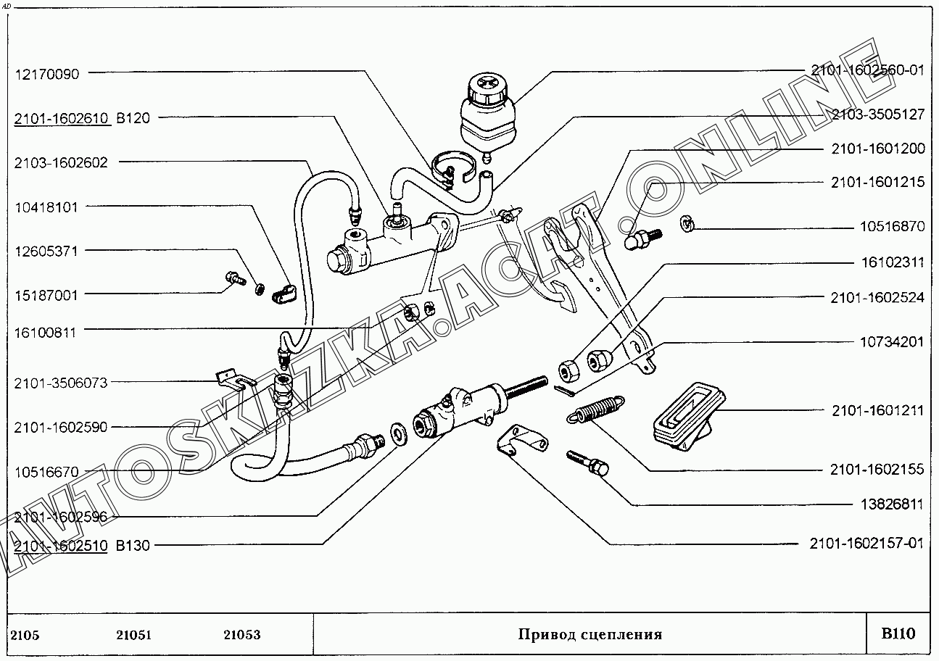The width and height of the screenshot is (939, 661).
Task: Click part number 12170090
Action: [x=47, y=73]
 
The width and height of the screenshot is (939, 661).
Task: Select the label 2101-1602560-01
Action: [x=868, y=70]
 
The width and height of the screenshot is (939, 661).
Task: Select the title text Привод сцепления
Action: [x=590, y=635]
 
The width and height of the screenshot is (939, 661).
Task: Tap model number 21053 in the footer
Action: [x=241, y=636]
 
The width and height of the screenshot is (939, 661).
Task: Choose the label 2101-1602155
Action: [x=877, y=470]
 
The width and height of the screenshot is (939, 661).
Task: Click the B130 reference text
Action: [x=133, y=545]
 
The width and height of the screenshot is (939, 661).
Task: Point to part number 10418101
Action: [x=47, y=207]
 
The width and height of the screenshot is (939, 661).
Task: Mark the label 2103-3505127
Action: [x=877, y=115]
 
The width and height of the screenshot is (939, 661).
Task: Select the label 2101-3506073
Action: [x=61, y=383]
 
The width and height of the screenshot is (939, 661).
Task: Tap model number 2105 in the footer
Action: [x=26, y=636]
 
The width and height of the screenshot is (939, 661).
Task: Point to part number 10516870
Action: [x=892, y=227]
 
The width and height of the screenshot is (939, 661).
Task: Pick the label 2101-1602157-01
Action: [x=867, y=543]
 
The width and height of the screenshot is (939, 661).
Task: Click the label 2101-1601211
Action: [x=877, y=411]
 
